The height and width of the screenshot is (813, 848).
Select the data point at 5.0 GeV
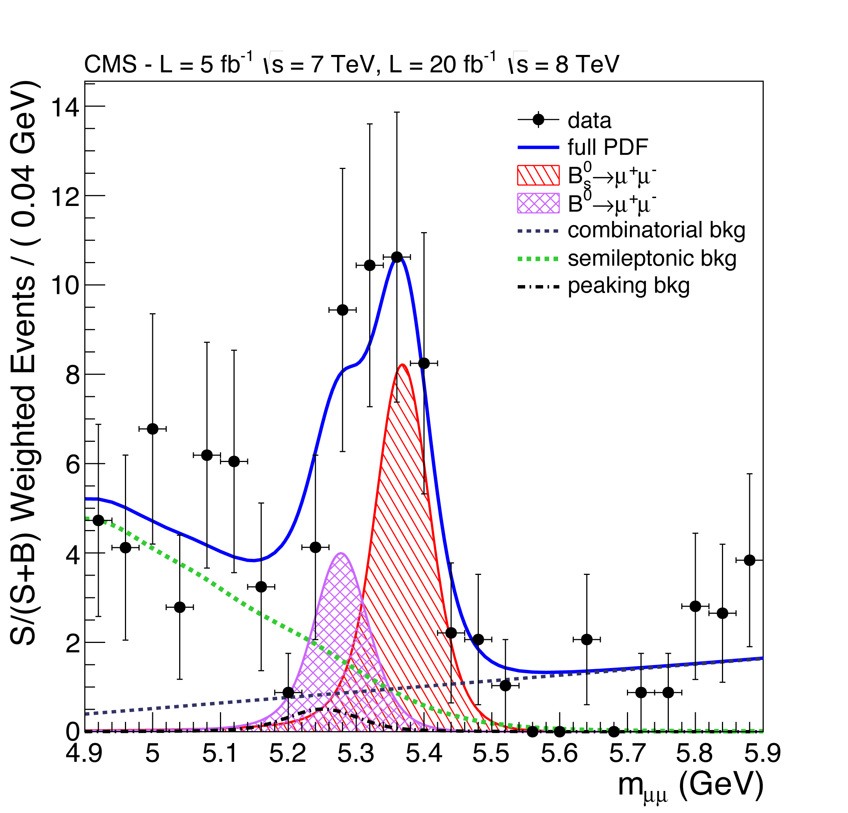(x=152, y=429)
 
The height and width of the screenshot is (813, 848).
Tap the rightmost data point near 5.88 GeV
(x=749, y=560)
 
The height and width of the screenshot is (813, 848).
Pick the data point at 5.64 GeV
(x=587, y=639)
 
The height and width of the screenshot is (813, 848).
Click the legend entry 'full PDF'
(x=607, y=148)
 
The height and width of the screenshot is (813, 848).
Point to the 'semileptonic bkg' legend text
(x=652, y=258)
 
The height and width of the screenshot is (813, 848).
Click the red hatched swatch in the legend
(x=538, y=175)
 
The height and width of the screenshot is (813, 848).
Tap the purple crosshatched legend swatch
(x=538, y=203)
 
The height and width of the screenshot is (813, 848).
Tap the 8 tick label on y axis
(x=73, y=375)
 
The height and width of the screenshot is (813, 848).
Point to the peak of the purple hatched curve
(x=341, y=553)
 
